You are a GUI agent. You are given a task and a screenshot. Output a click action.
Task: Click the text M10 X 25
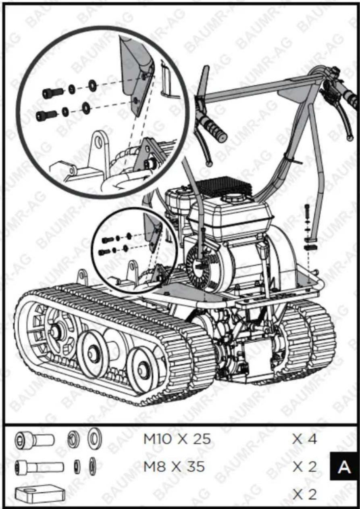point(177,439)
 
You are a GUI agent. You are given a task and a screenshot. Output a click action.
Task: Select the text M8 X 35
point(174,467)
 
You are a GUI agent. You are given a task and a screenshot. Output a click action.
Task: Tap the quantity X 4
point(304,439)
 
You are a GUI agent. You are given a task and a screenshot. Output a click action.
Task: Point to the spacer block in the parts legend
point(40,494)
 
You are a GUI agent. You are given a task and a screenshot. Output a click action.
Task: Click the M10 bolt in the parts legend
point(35,440)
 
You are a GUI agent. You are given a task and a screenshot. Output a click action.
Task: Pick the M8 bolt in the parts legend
point(40,467)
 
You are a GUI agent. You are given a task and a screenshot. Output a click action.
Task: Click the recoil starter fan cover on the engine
point(200,267)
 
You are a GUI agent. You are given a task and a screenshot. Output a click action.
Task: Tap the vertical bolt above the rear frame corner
point(307,211)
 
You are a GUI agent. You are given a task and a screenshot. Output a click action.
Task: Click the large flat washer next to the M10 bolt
point(95,439)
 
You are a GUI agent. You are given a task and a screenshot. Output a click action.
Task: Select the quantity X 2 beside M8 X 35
point(304,467)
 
